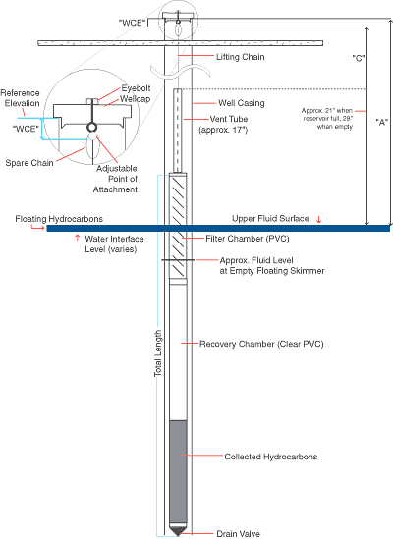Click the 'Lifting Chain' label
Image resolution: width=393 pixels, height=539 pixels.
[240, 57]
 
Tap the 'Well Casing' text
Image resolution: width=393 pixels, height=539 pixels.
[242, 103]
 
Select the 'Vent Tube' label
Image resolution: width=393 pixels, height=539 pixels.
[229, 119]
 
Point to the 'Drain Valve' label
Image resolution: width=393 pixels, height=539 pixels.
[238, 533]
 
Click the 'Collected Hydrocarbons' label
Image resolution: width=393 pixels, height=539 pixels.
[271, 457]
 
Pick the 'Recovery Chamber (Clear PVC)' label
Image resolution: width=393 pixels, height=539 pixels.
[261, 344]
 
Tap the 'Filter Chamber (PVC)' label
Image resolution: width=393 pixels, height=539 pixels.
[247, 239]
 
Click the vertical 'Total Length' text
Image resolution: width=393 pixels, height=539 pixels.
[158, 353]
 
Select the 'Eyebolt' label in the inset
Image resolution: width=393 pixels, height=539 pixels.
[136, 88]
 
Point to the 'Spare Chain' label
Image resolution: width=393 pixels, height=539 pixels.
[29, 163]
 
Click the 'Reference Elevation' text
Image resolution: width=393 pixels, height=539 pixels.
[20, 98]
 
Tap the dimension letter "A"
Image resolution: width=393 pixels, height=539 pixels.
[381, 122]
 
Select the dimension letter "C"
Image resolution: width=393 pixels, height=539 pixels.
[359, 58]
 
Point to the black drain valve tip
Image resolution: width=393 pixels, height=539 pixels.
[178, 531]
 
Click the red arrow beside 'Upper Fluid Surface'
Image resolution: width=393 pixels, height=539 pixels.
[319, 219]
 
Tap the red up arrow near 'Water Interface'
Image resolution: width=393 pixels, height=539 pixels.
[77, 238]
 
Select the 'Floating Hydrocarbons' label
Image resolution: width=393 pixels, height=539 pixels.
[59, 219]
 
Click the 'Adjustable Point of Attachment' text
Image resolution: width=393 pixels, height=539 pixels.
[115, 179]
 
